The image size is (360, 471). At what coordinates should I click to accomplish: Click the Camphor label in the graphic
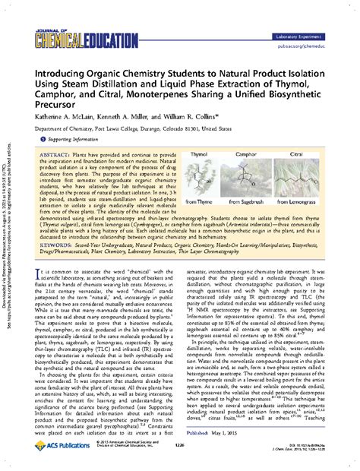[x=260, y=153]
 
